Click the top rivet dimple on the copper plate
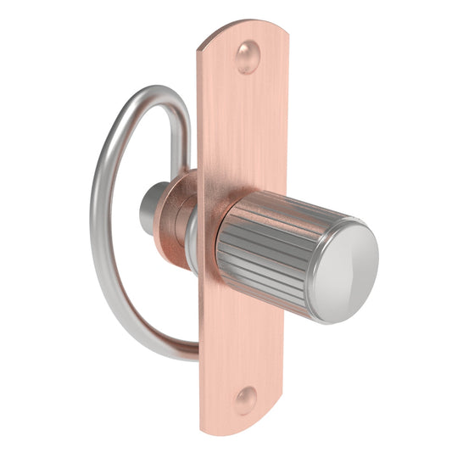(x=247, y=57)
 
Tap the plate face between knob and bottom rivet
(x=242, y=339)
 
